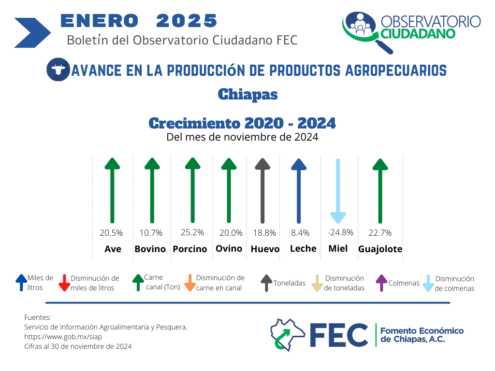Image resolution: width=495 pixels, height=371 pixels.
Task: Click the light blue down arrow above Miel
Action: pos(338,191)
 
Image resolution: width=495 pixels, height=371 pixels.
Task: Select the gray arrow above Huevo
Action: pos(262,191)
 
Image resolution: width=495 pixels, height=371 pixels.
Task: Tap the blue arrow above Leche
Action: pos(299,191)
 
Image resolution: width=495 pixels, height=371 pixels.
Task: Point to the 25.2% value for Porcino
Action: pos(192,232)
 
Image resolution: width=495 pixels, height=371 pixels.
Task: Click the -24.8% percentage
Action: pos(340,232)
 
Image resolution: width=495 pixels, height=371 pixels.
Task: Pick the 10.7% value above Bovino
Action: pos(151,233)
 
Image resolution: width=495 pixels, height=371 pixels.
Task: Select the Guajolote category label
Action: pos(380,249)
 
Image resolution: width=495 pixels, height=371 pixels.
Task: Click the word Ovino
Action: pos(229,249)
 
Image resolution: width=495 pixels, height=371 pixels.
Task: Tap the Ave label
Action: pos(113,249)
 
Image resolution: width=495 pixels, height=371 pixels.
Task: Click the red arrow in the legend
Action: pos(64,283)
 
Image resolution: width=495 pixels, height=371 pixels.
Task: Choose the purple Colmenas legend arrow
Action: pos(381,283)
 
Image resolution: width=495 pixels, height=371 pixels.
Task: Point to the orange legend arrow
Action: pos(190,283)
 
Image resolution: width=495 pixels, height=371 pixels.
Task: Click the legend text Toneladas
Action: pos(289,283)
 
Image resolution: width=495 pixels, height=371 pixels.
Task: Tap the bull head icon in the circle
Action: pos(58,70)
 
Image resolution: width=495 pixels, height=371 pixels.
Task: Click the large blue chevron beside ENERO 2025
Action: pos(32,33)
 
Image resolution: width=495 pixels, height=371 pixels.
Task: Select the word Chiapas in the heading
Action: pos(248,94)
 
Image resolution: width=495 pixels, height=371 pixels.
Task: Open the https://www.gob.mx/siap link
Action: pos(63,337)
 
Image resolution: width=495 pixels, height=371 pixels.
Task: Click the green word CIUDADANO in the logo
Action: pos(418,33)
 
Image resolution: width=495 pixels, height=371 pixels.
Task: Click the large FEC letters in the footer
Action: pos(339,335)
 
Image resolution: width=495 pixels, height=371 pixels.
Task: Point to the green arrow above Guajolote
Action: pos(380,191)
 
